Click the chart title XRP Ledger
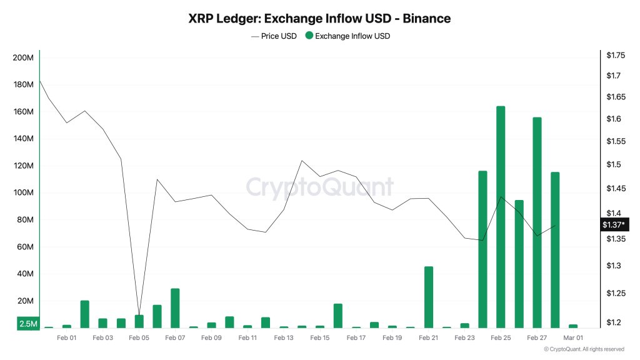[x=319, y=19]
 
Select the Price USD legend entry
[x=274, y=36]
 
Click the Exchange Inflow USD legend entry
[x=347, y=36]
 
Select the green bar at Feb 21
[x=428, y=297]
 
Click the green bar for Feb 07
[x=175, y=308]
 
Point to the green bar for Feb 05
[x=139, y=321]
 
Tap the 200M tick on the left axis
[x=23, y=58]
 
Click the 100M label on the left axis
[x=23, y=192]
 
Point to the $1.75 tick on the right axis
[x=616, y=56]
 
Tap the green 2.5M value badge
[x=28, y=324]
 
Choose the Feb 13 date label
[x=283, y=338]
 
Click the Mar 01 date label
[x=573, y=338]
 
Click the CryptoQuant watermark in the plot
[x=319, y=187]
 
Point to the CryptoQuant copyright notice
[x=584, y=349]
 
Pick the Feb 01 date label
[x=66, y=338]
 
